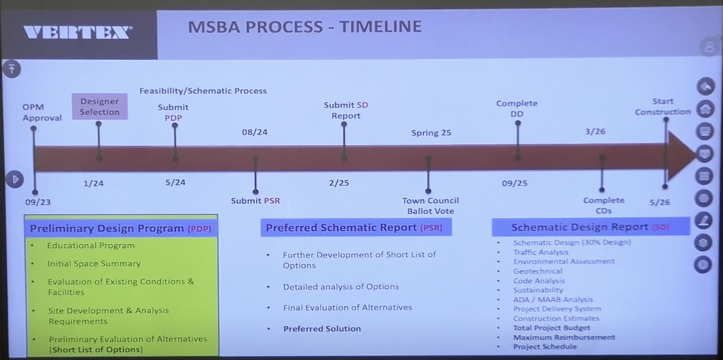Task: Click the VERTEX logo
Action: tap(78, 33)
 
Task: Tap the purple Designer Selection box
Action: tap(100, 106)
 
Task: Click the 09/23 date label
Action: tap(38, 202)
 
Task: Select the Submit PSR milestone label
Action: tap(256, 201)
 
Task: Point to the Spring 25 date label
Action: tap(431, 133)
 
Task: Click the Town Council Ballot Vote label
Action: tap(430, 206)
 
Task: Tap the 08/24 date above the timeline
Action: tap(255, 132)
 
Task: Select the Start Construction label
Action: tap(663, 106)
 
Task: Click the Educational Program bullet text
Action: tap(91, 245)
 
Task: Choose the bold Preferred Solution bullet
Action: tap(322, 328)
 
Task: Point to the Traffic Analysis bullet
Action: tap(541, 252)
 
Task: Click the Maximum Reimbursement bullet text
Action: tap(564, 337)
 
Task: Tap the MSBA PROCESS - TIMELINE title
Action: tap(305, 26)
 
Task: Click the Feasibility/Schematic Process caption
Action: tap(203, 91)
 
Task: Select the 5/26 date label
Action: tap(660, 202)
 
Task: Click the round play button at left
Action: tap(15, 179)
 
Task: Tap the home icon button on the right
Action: tap(705, 109)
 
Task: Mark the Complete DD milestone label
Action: tap(517, 108)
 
